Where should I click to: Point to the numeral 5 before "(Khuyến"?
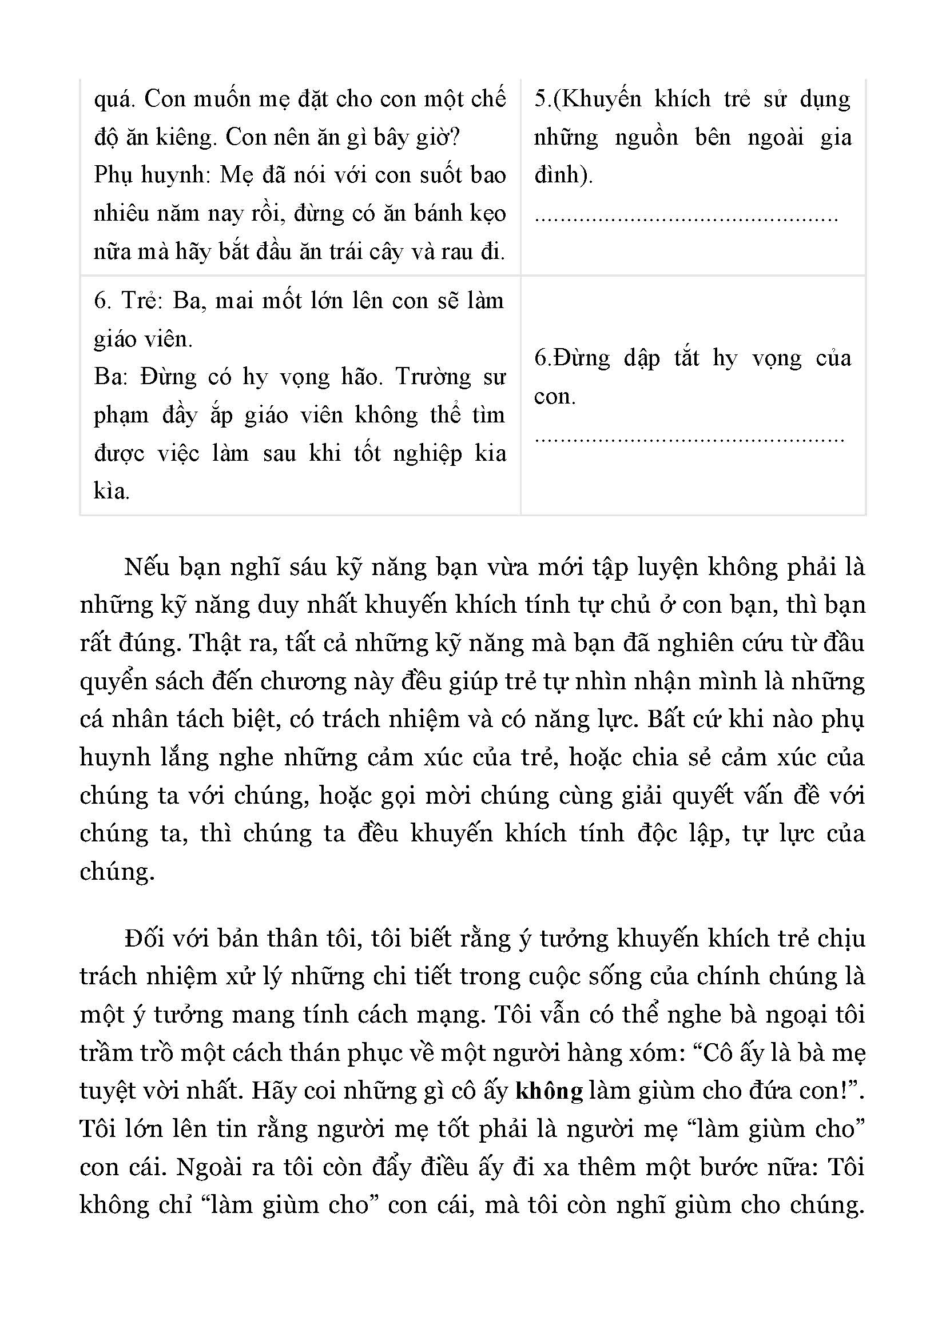[539, 99]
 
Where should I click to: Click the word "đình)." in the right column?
[563, 175]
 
